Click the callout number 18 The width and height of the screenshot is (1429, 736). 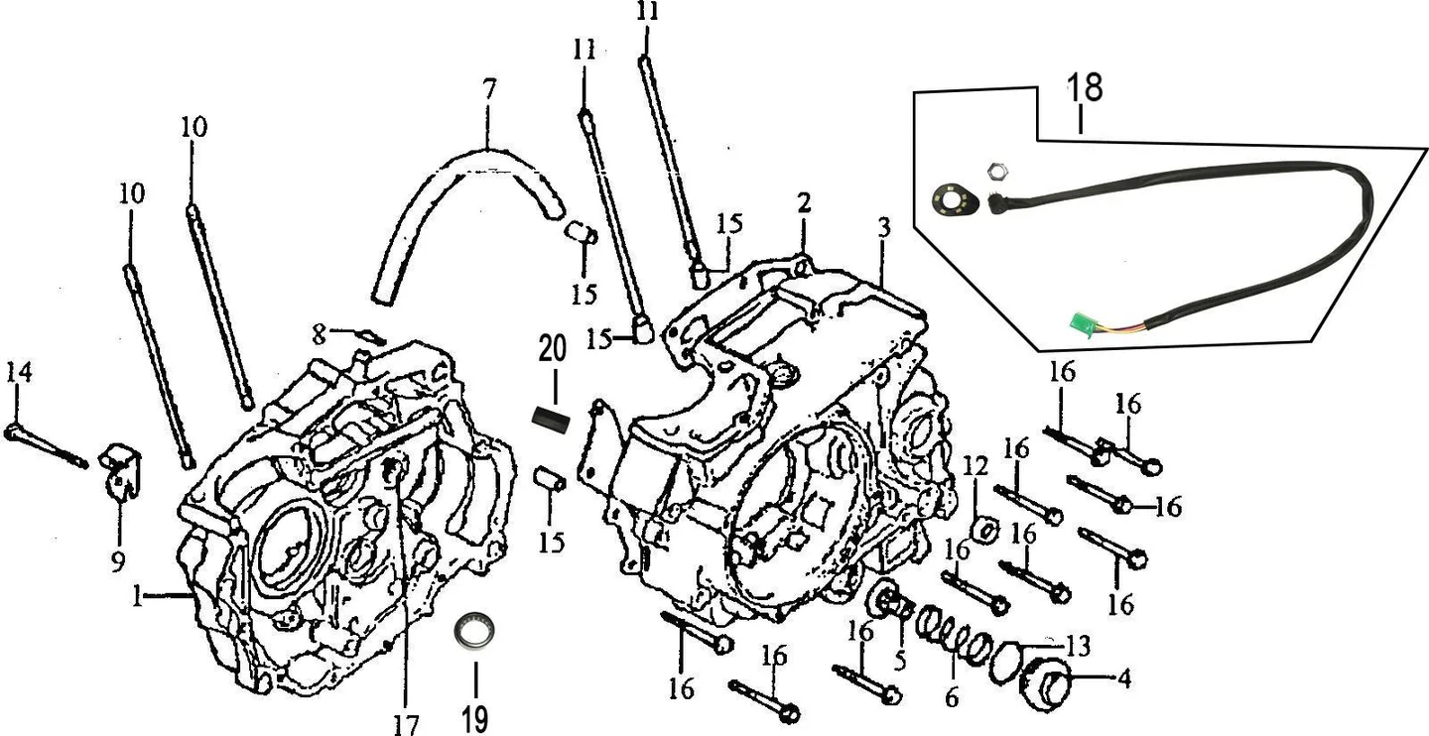[1085, 87]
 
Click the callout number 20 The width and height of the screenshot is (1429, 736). [553, 349]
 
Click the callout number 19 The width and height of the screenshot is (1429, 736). [475, 719]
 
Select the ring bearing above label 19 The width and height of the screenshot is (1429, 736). [475, 631]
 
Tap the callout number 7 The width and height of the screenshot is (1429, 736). [488, 90]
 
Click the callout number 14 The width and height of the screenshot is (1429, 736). [19, 372]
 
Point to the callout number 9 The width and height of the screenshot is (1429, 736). [118, 561]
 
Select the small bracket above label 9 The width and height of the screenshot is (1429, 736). [121, 470]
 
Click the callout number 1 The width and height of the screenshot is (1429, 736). [137, 597]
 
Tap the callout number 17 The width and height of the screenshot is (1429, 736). [406, 724]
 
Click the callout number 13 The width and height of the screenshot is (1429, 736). [1078, 647]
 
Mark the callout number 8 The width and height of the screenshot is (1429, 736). [319, 333]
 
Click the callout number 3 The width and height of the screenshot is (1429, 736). [883, 228]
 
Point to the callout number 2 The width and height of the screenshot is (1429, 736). [804, 202]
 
